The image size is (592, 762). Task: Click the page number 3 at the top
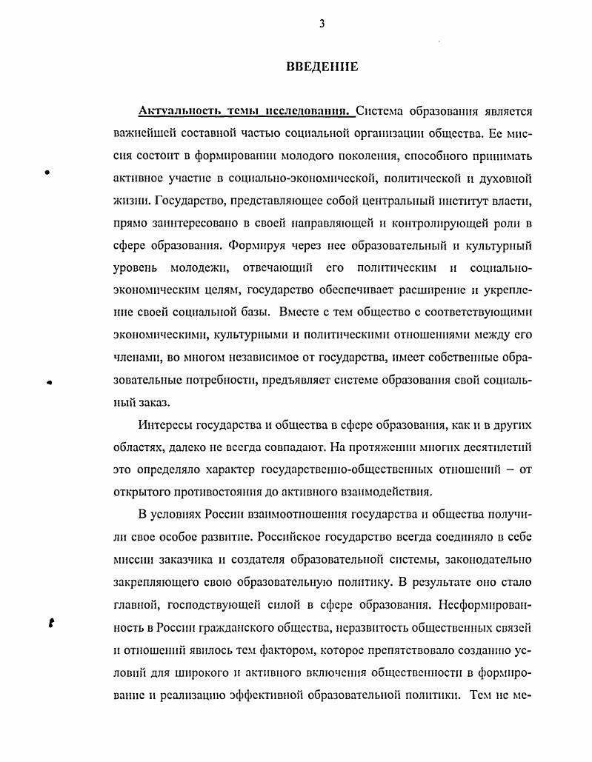pos(322,23)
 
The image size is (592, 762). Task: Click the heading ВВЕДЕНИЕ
pos(322,67)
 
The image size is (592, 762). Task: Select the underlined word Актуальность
pos(173,113)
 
